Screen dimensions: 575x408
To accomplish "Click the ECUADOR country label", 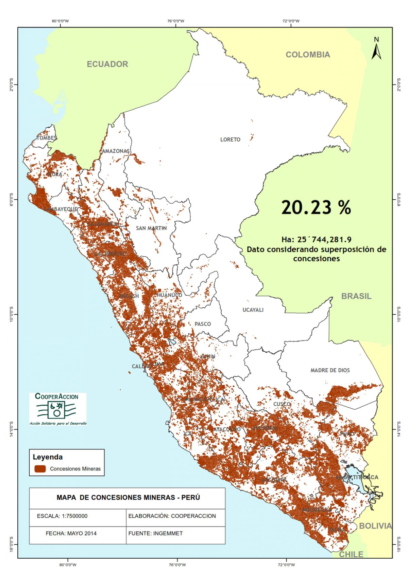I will click(x=107, y=64).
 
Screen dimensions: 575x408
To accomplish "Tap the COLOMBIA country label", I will click(x=308, y=55).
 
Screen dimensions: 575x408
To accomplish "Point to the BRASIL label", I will click(x=356, y=296).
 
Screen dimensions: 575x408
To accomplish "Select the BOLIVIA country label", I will click(x=375, y=526).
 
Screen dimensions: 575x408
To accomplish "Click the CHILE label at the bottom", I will click(x=351, y=554).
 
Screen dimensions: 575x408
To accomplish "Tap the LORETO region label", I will click(x=230, y=140).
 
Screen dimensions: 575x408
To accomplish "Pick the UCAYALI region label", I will click(x=253, y=310).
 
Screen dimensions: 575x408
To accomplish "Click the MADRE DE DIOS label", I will click(x=330, y=370).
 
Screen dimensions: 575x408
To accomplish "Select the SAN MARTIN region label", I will click(x=151, y=228).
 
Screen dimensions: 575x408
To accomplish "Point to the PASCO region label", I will click(x=203, y=324).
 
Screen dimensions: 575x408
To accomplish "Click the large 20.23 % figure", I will click(x=316, y=207).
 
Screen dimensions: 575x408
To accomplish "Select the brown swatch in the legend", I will click(x=40, y=469).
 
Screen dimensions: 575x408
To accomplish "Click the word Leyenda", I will click(x=48, y=457).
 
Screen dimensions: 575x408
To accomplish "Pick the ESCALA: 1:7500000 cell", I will click(x=62, y=516).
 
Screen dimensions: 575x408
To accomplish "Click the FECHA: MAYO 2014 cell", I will click(x=71, y=533).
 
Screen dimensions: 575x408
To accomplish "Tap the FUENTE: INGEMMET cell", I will click(x=155, y=533).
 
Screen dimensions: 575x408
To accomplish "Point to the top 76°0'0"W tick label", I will click(x=176, y=21).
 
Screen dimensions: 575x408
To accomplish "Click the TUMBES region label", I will click(x=47, y=138).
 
